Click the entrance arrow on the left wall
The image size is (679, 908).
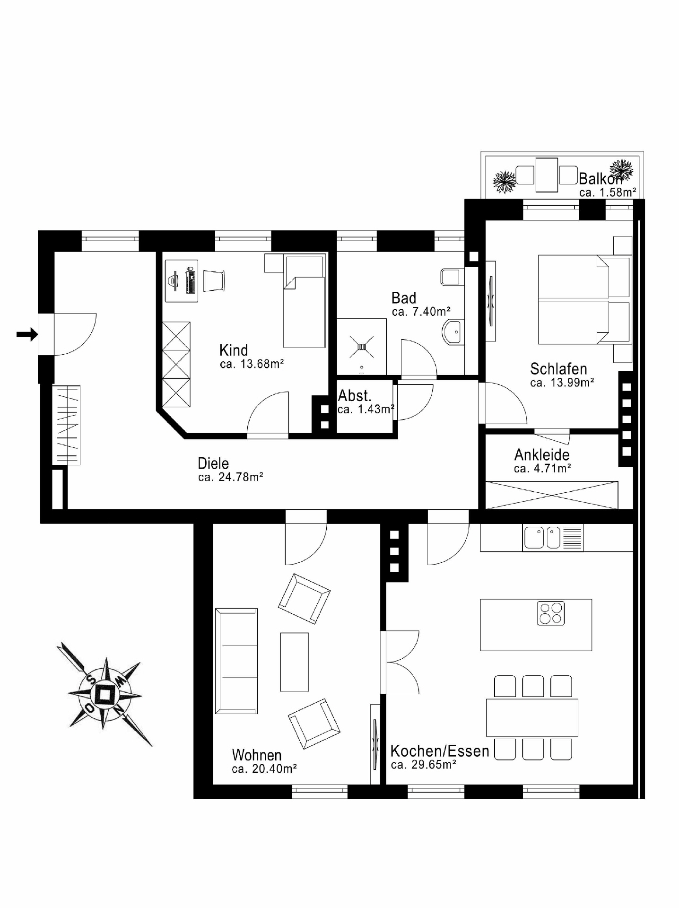27,334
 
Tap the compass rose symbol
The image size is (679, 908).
104,694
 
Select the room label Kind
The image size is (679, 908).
234,350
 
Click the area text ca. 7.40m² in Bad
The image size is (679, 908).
421,312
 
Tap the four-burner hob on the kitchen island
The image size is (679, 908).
551,613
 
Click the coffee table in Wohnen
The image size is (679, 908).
294,662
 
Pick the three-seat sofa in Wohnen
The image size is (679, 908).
236,661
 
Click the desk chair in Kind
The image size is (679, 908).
214,280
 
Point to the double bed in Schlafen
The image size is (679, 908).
585,299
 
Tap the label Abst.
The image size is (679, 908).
355,395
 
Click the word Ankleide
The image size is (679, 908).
542,454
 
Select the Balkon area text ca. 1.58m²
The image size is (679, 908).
608,192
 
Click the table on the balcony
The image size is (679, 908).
547,175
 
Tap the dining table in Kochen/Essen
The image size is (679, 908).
532,717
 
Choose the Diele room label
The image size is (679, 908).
213,463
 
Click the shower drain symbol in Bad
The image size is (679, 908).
362,347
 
